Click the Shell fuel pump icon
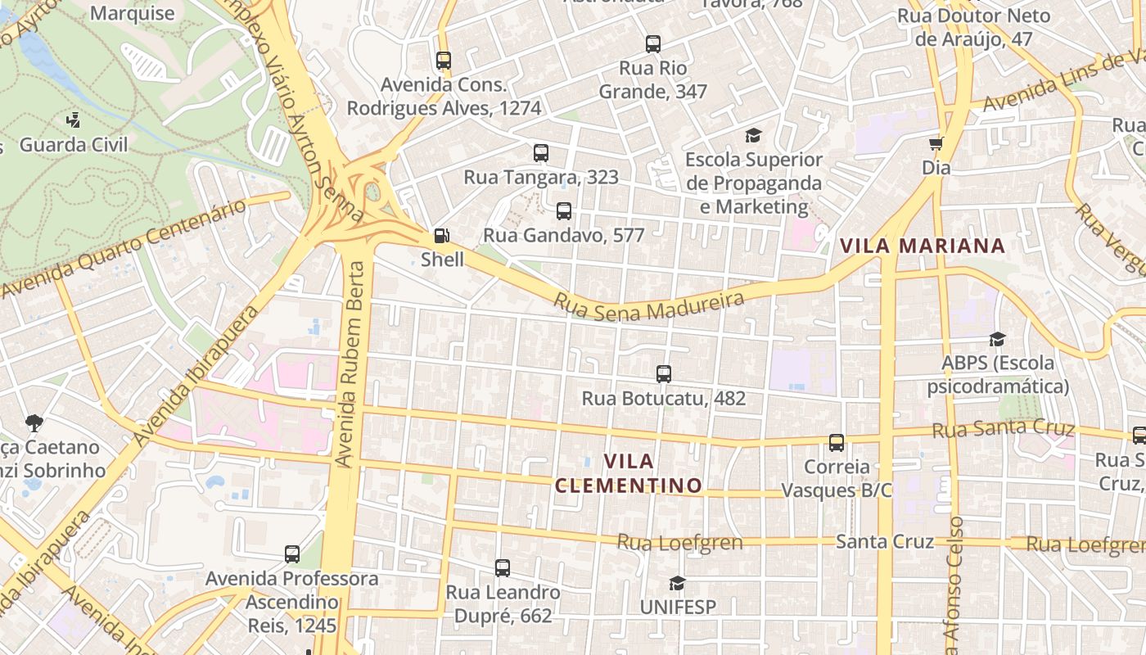441,236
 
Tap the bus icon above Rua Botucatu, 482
664,374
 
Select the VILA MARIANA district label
922,246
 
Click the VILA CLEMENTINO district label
629,473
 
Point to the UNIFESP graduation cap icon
677,583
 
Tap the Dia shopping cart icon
936,143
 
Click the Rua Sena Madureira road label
648,305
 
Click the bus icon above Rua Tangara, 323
541,153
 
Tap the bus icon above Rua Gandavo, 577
564,211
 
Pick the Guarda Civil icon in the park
74,120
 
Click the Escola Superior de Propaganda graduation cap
753,135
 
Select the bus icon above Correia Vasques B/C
836,443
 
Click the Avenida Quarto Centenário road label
123,249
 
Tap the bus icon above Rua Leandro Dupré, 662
503,567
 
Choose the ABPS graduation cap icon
997,339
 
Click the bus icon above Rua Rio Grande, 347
652,44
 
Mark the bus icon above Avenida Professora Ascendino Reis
292,554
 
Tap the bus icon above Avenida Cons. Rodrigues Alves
443,61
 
